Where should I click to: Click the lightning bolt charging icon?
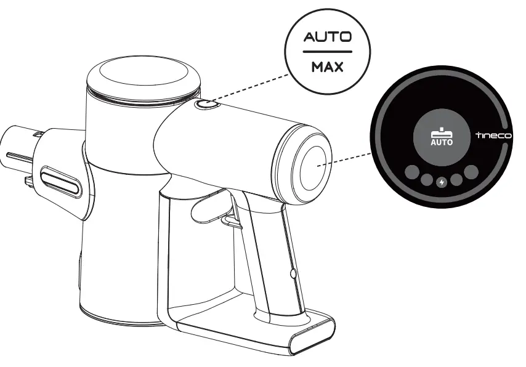click(x=441, y=182)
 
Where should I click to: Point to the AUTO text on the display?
click(x=441, y=142)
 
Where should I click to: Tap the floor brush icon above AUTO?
click(x=441, y=131)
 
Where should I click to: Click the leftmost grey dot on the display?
click(x=411, y=172)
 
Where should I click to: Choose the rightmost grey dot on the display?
click(x=471, y=172)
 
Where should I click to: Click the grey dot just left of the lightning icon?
click(x=426, y=180)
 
